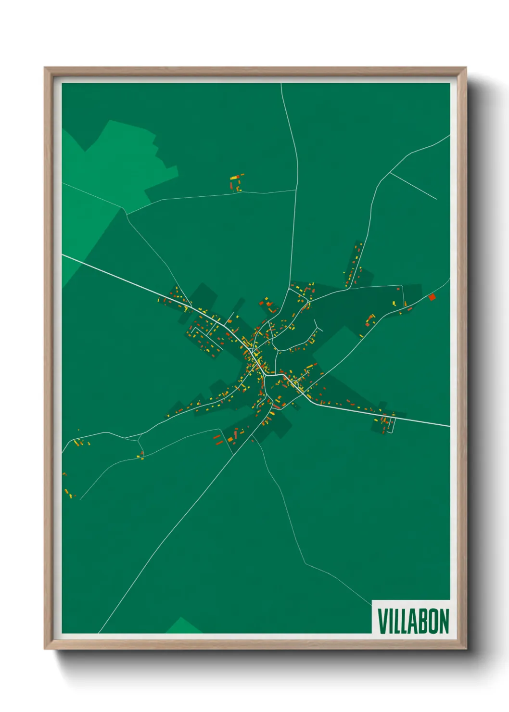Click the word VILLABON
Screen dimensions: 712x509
coord(413,621)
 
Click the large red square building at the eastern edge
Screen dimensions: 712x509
coord(432,297)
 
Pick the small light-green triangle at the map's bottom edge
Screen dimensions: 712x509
coord(184,626)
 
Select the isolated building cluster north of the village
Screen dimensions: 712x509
coord(236,183)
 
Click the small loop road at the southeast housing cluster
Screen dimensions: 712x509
coord(391,425)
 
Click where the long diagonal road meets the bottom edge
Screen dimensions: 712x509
coord(99,633)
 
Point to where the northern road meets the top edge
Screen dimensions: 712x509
coord(281,84)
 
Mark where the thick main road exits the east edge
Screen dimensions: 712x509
coord(449,426)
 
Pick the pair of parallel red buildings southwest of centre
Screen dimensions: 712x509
coord(218,439)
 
